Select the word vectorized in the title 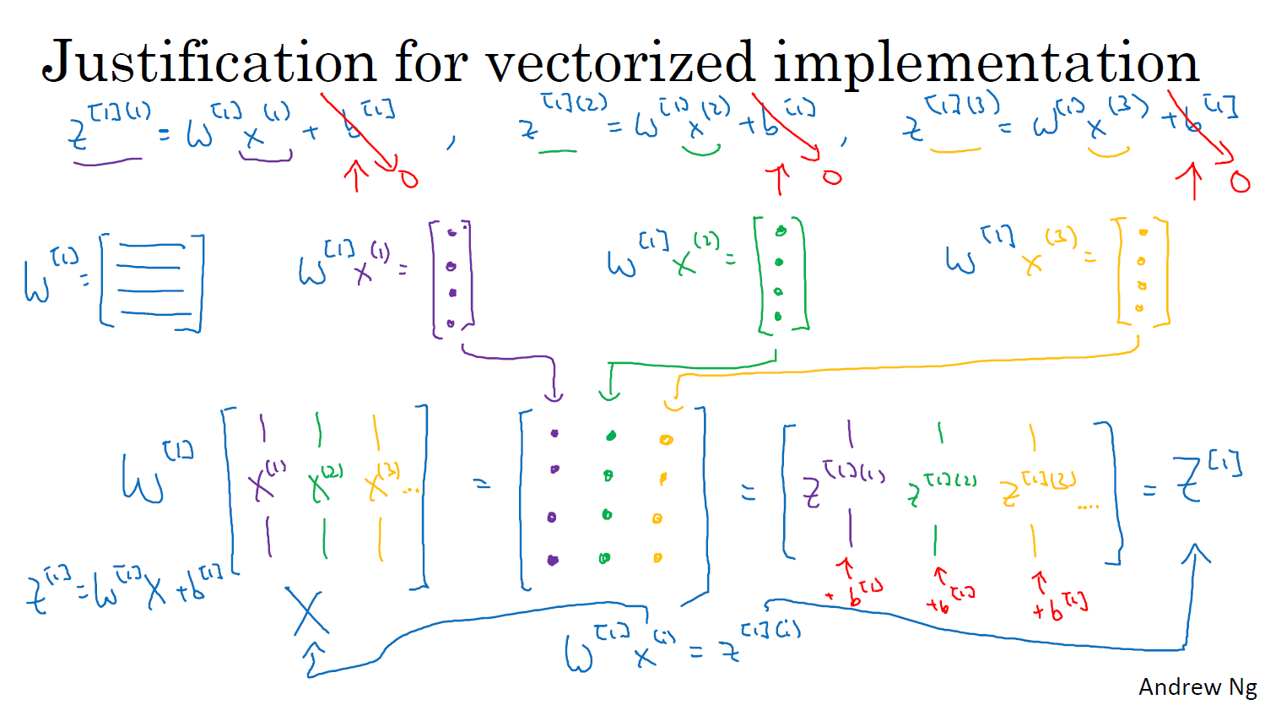point(619,62)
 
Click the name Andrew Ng point(1197,687)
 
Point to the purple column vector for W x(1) point(452,279)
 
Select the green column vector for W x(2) point(780,274)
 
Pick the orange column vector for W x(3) point(1142,272)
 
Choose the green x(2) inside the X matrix point(323,483)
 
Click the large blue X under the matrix point(307,611)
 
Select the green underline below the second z point(557,152)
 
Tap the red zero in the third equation point(1240,182)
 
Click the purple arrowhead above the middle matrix point(554,393)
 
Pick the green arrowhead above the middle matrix point(609,393)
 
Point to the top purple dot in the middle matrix point(554,433)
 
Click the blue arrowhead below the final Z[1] point(1197,556)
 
